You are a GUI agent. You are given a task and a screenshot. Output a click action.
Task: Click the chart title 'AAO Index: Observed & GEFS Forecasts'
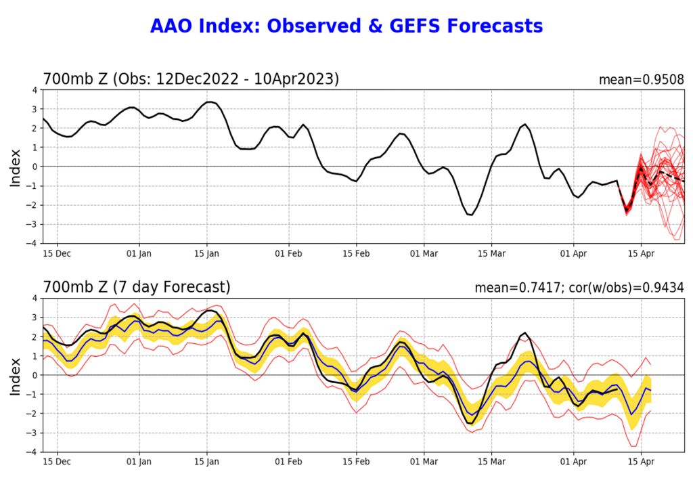[x=346, y=26]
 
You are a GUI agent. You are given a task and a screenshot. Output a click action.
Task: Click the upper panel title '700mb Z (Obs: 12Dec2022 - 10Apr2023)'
[x=191, y=79]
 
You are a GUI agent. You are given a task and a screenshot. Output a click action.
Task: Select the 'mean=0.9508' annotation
[x=641, y=80]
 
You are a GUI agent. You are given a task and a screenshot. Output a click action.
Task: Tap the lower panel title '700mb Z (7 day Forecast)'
[x=137, y=288]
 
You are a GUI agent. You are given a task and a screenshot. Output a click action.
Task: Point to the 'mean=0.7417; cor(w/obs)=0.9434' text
[x=579, y=288]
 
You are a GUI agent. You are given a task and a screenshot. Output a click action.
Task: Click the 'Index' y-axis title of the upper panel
[x=16, y=167]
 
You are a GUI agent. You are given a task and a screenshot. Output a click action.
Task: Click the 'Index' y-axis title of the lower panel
[x=16, y=375]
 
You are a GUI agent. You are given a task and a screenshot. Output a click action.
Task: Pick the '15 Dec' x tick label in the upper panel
[x=58, y=254]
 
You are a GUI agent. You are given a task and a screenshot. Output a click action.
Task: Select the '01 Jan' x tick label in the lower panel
[x=140, y=462]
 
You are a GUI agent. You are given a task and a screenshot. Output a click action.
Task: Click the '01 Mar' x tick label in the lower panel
[x=424, y=462]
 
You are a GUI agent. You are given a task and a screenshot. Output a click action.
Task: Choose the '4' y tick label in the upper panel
[x=35, y=90]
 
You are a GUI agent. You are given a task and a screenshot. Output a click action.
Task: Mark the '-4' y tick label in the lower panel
[x=32, y=452]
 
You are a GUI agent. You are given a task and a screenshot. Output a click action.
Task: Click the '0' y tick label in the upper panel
[x=35, y=167]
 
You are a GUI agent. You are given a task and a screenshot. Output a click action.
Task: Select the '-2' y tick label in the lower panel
[x=32, y=414]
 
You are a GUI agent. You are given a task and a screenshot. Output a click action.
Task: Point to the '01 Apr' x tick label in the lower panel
[x=574, y=462]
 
